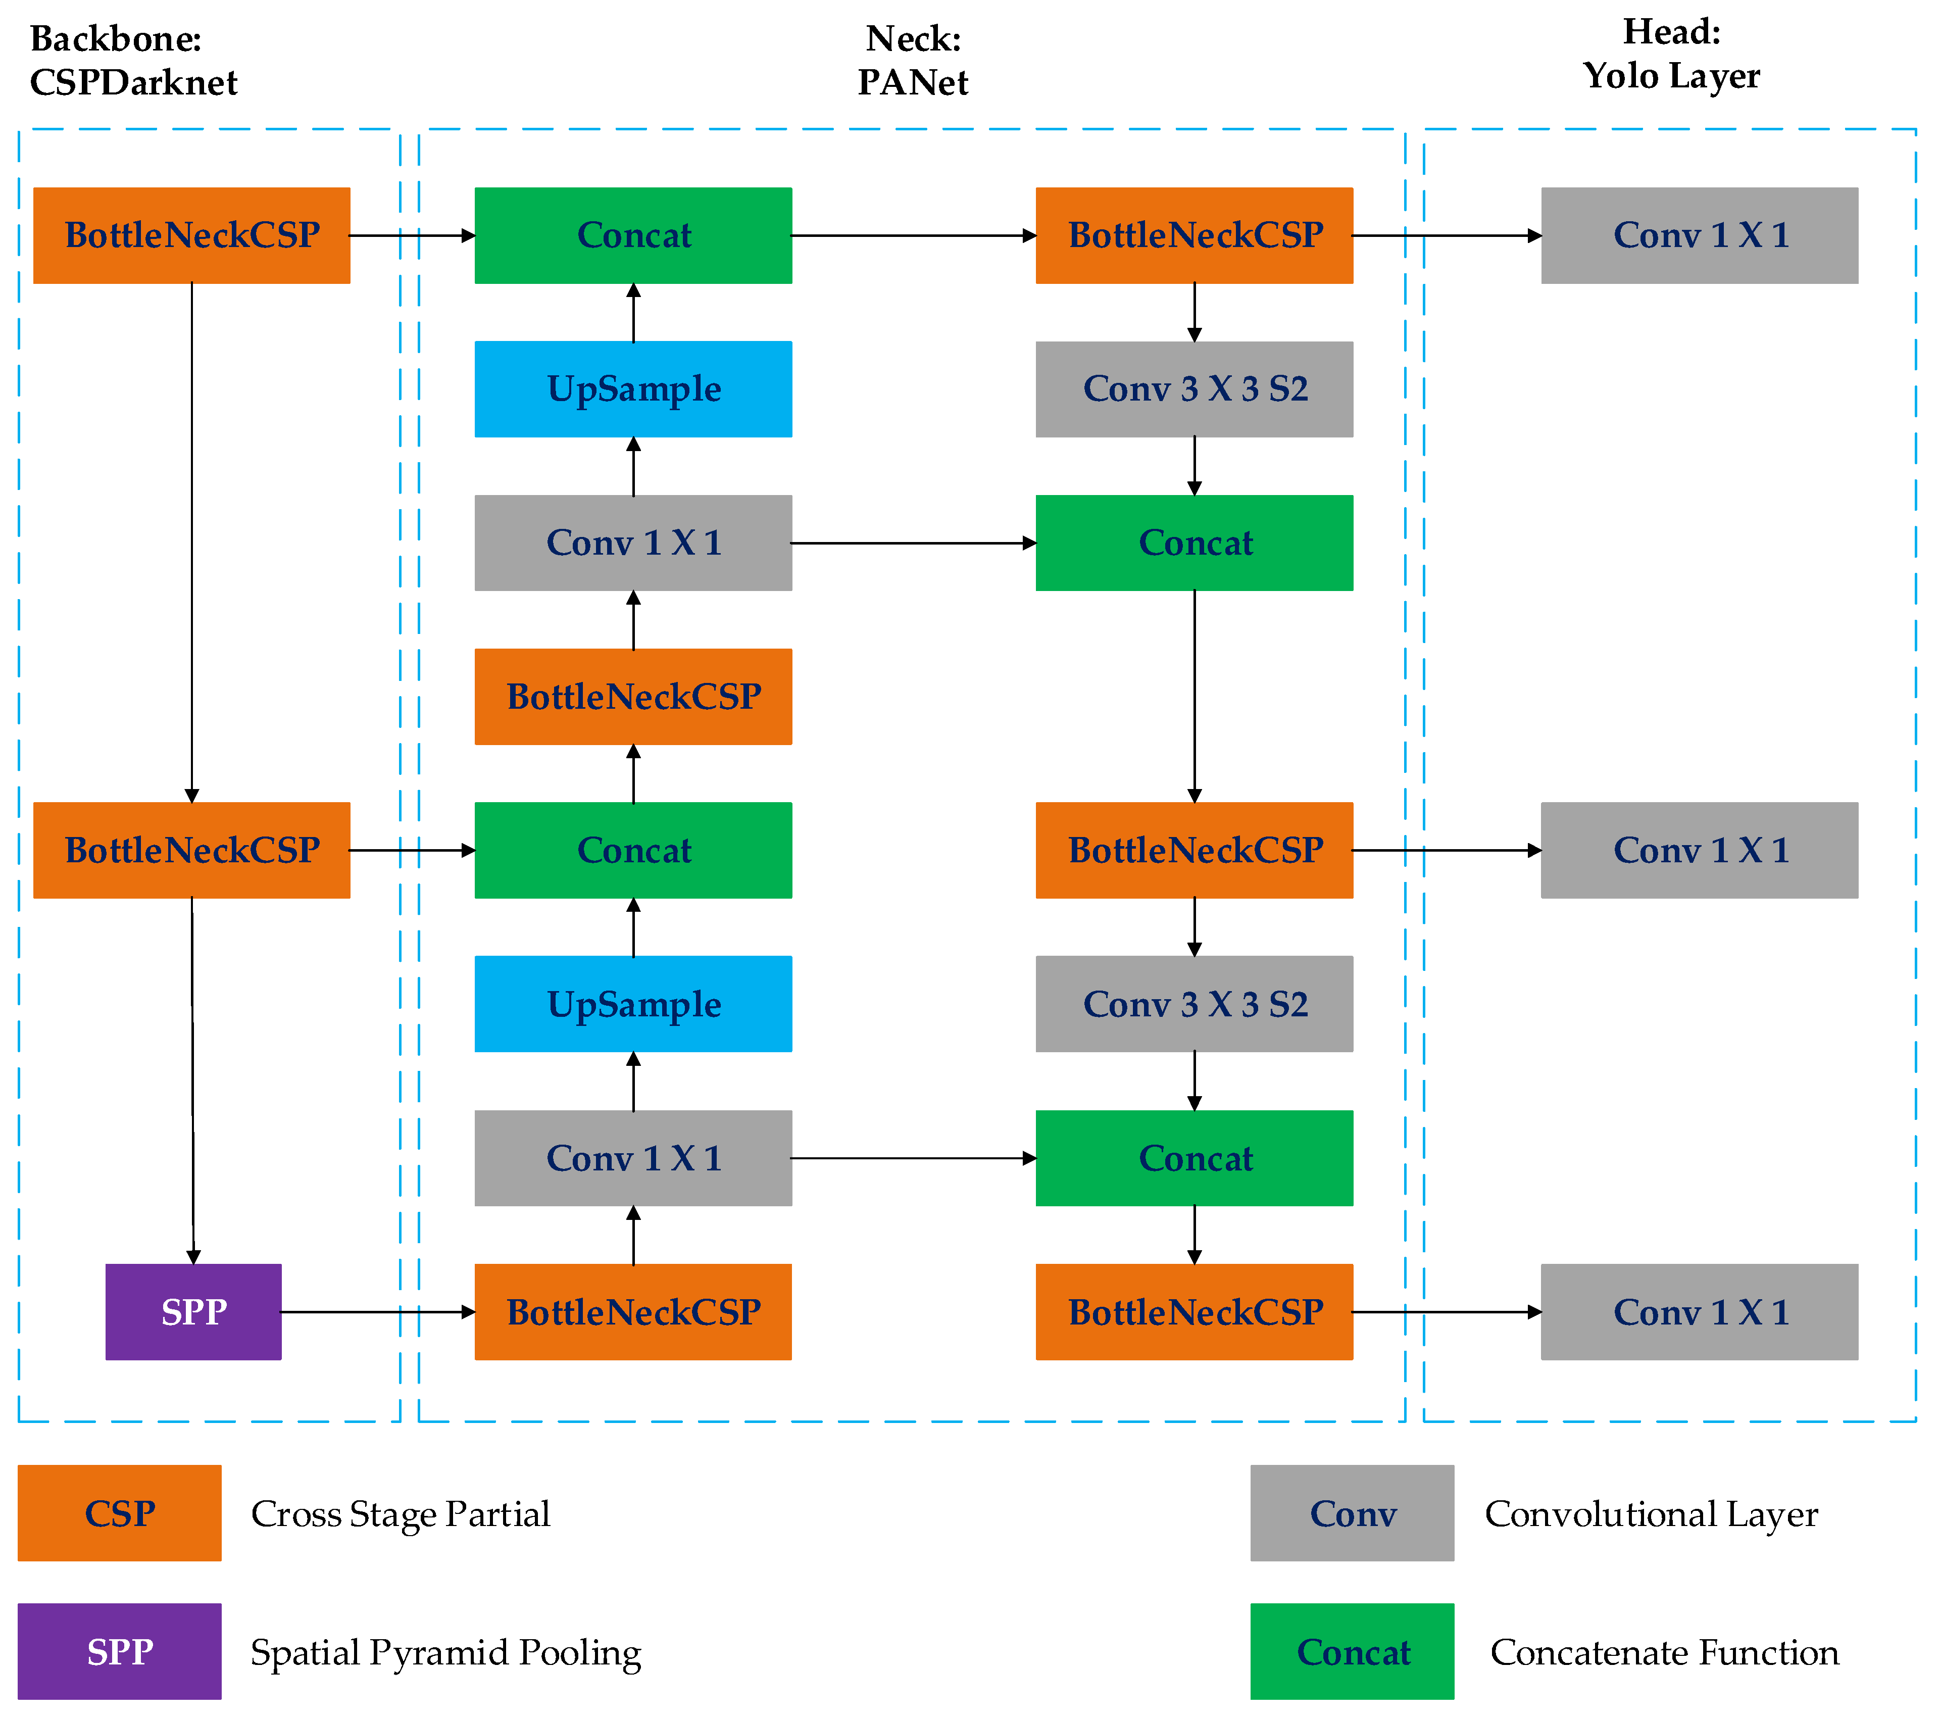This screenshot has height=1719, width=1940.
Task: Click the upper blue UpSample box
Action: [x=633, y=388]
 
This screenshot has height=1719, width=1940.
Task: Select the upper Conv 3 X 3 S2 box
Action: [x=1194, y=388]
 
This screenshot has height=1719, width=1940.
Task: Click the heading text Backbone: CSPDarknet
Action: [x=133, y=60]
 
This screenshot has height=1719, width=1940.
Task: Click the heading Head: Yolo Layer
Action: [x=1670, y=54]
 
